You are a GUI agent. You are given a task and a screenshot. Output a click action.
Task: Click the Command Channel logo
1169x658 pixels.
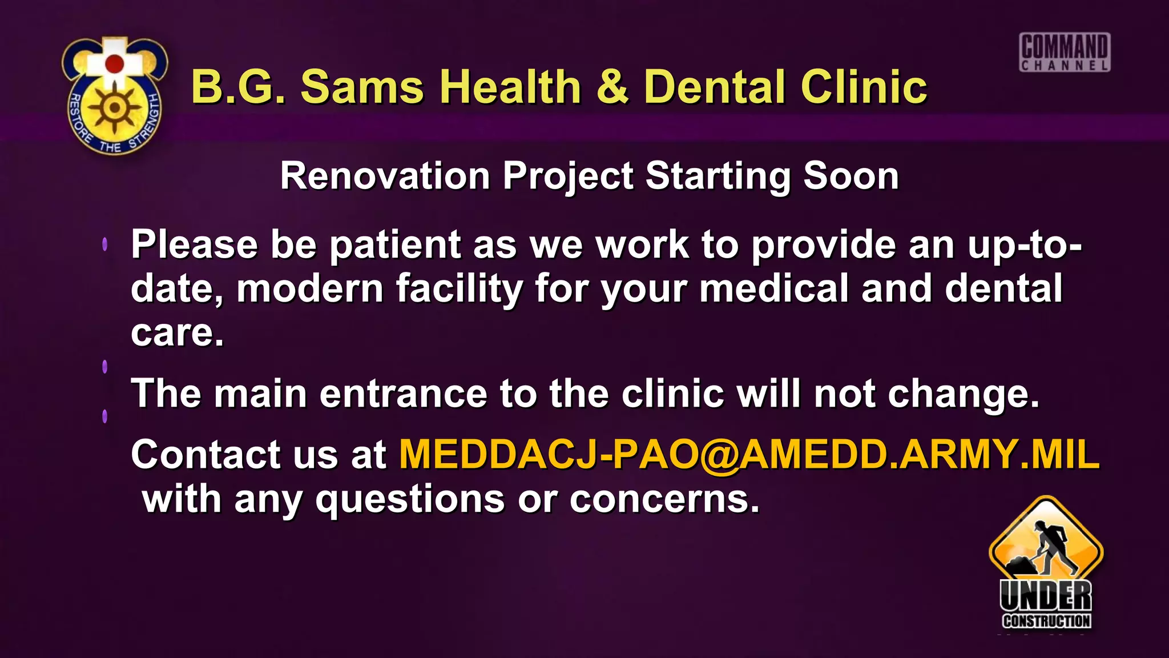1065,53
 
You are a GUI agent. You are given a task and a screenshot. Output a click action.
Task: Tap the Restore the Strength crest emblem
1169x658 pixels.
115,96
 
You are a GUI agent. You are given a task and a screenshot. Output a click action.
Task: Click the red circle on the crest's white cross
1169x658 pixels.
115,63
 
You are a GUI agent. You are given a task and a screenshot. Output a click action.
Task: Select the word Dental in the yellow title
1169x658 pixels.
716,87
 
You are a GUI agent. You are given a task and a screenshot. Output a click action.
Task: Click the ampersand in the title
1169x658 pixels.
612,87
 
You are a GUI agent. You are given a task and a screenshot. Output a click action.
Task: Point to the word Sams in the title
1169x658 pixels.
362,87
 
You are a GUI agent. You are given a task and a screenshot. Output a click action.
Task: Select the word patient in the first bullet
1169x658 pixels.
395,244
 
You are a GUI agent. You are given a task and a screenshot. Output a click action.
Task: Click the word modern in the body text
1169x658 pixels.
309,288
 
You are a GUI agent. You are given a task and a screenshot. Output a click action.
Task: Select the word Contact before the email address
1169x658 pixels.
205,455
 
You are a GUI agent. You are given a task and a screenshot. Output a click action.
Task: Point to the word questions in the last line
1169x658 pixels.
410,500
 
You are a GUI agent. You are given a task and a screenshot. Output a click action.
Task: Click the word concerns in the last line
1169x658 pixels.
664,500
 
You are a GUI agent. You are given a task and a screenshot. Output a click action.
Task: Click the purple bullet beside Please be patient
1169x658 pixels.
105,244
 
